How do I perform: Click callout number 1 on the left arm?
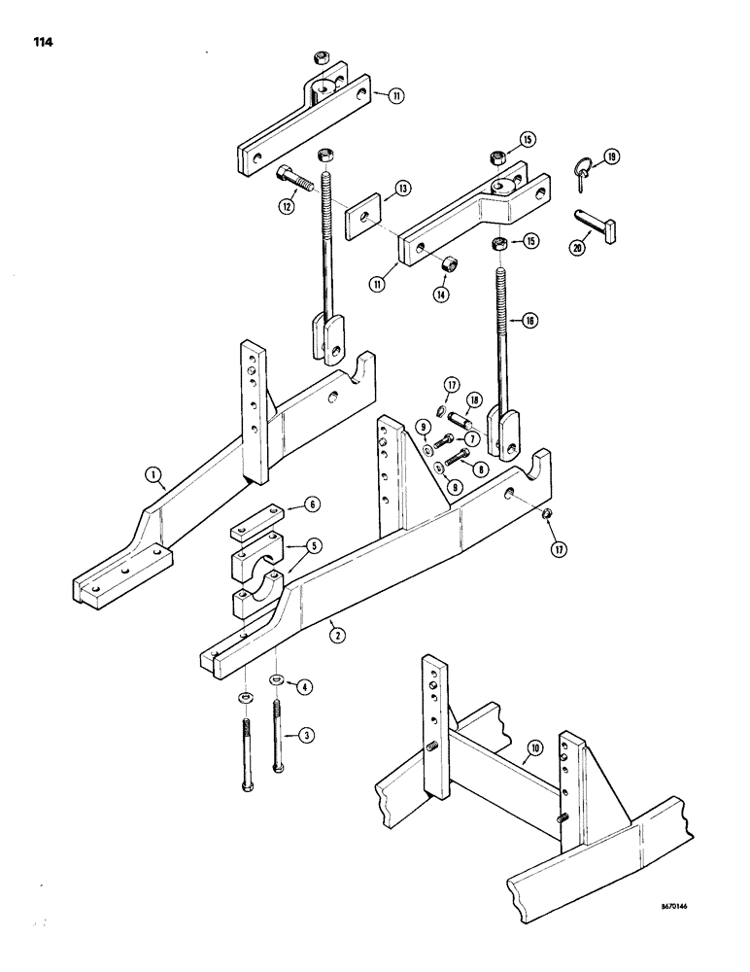pos(153,475)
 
